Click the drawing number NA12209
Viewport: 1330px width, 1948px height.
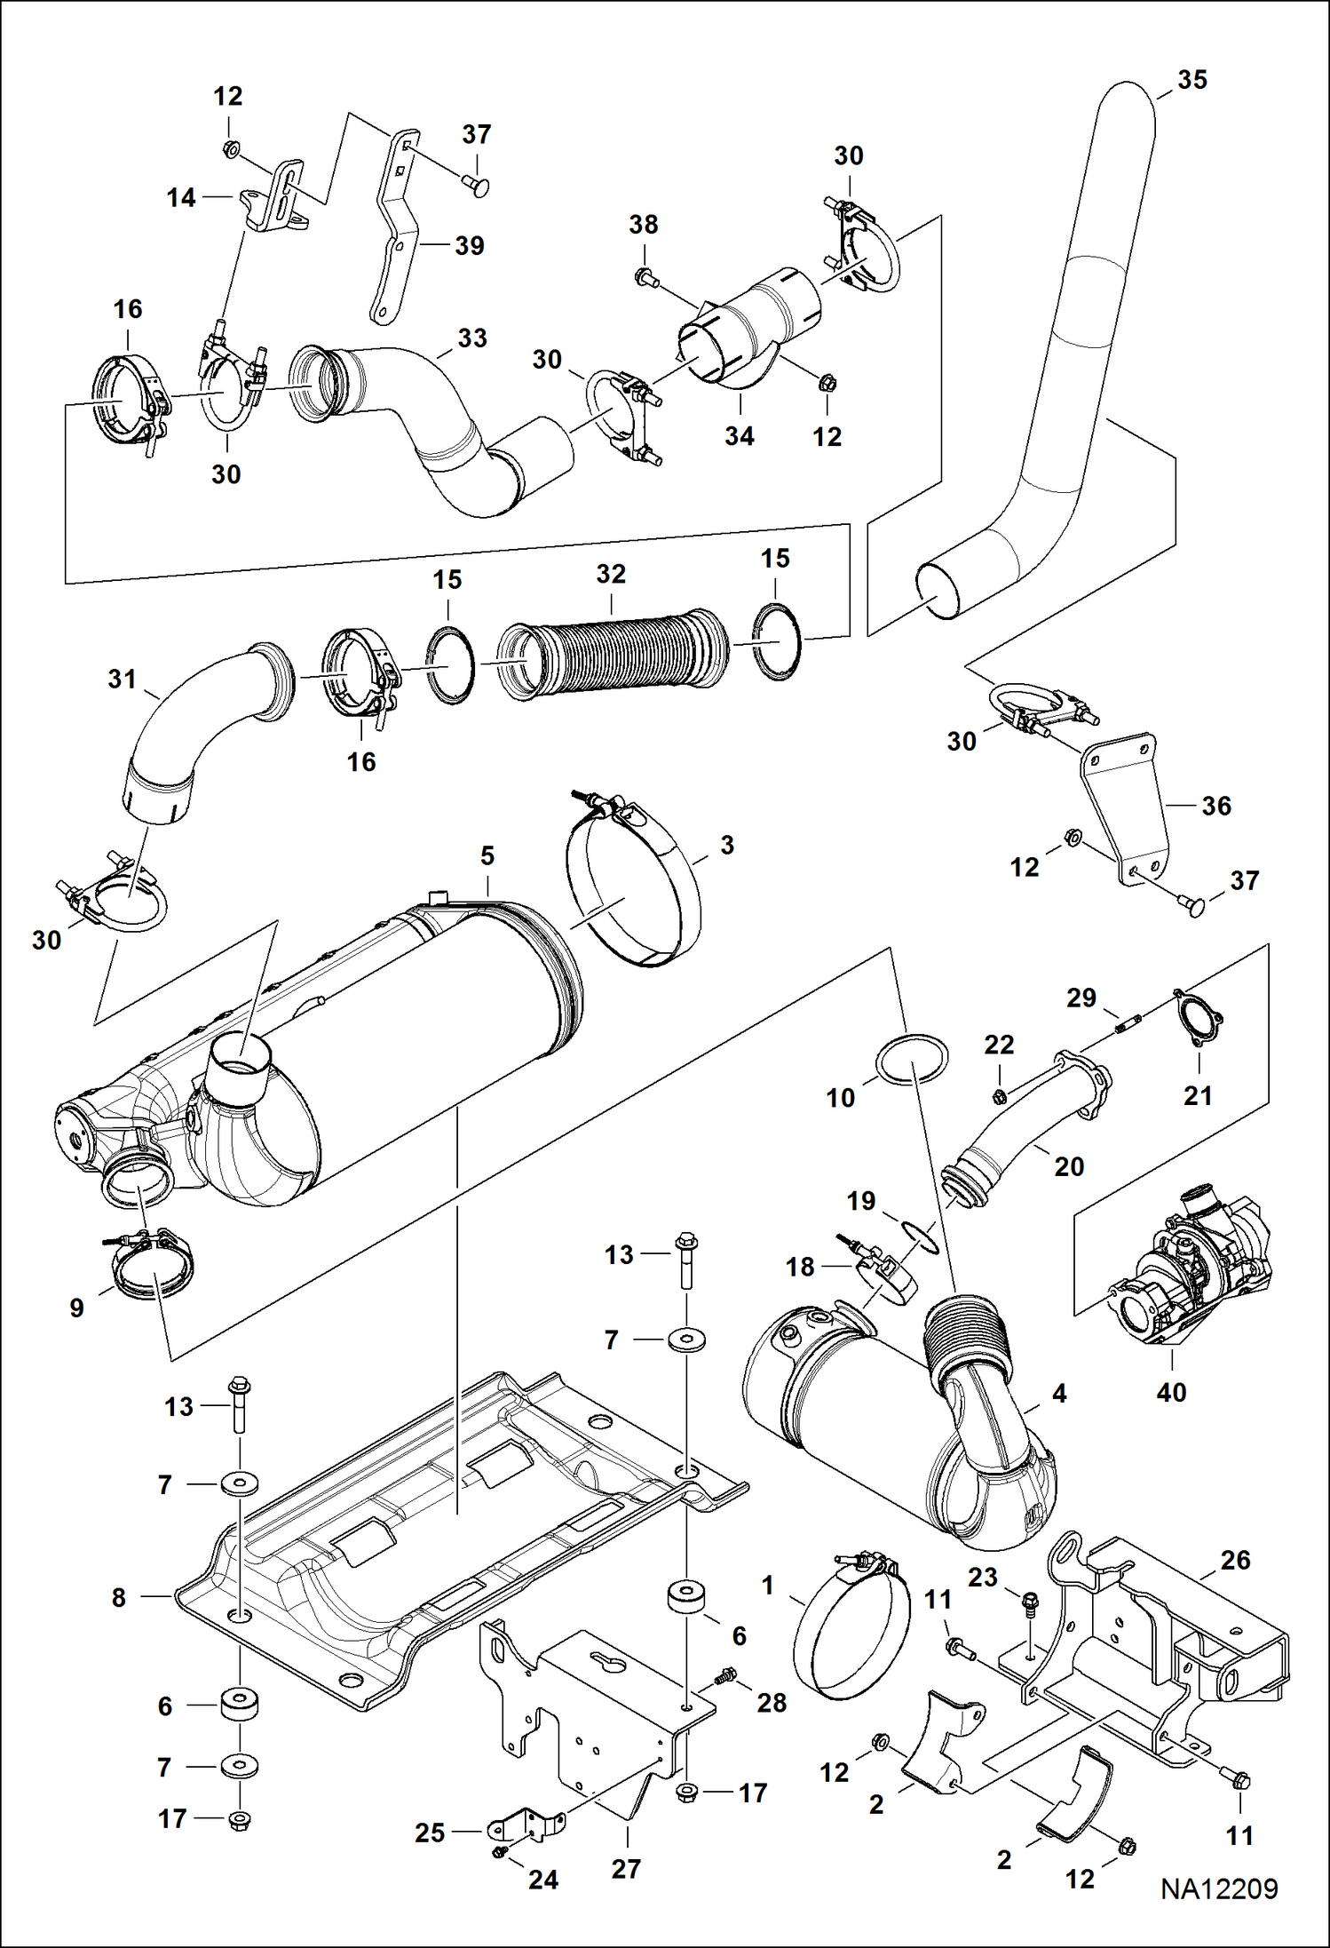pos(1219,1889)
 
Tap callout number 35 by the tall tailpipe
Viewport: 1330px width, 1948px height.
pos(1192,80)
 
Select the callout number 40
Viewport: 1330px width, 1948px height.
pos(1171,1392)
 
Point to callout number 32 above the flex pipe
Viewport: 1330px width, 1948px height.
pos(611,574)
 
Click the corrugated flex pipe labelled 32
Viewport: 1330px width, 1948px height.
pos(613,648)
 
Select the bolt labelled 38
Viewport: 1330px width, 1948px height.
pos(645,277)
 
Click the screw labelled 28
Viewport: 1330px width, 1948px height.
pos(726,1675)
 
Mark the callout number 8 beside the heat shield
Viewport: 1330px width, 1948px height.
pos(119,1598)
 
